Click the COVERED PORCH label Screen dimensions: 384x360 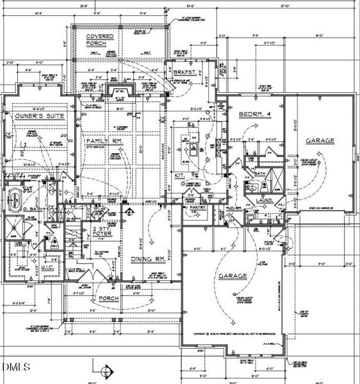(101, 40)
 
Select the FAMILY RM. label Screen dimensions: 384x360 (101, 140)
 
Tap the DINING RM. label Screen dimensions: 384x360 (149, 260)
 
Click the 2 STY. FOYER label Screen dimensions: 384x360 (102, 232)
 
